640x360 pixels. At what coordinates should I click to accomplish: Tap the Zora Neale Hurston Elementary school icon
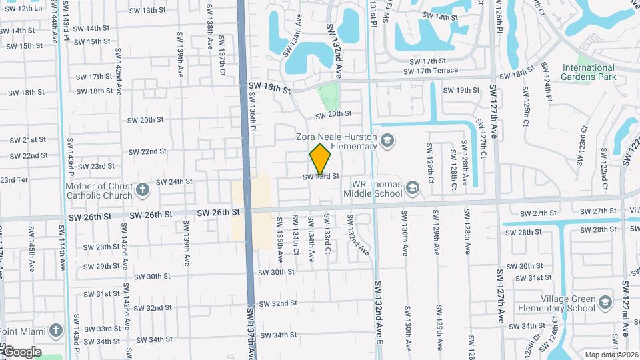coord(388,141)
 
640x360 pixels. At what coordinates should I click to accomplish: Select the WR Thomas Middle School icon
coord(413,188)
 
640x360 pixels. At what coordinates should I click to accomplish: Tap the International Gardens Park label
coord(587,72)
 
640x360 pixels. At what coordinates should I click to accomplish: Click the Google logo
coord(21,351)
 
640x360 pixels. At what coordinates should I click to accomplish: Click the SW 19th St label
coord(461,90)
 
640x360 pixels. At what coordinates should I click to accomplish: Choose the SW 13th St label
coord(147,11)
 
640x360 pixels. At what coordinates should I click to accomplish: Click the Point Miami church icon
coord(57,330)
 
